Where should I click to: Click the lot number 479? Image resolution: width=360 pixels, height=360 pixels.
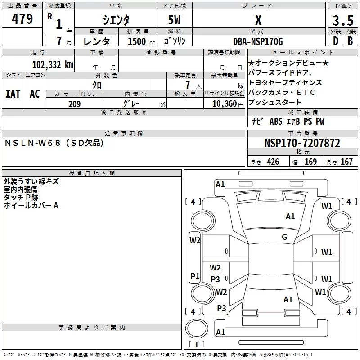(23, 19)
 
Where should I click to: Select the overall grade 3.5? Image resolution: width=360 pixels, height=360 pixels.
(342, 21)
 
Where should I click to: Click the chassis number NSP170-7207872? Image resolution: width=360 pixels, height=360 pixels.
(302, 143)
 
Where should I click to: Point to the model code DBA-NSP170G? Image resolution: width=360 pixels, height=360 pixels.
(258, 41)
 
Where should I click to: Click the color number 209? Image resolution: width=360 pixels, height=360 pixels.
(74, 104)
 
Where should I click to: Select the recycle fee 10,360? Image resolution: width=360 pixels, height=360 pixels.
(221, 104)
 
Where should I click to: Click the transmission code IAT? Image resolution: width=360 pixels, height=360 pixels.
(13, 94)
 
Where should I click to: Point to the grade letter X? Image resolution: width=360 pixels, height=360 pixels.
(258, 20)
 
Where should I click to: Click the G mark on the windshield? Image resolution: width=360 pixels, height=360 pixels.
(284, 237)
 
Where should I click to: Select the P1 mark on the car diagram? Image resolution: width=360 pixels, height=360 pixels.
(195, 276)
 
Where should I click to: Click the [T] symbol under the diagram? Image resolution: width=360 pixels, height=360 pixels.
(198, 345)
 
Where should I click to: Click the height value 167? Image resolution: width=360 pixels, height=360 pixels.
(346, 162)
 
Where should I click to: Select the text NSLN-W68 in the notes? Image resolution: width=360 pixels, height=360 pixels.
(32, 143)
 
